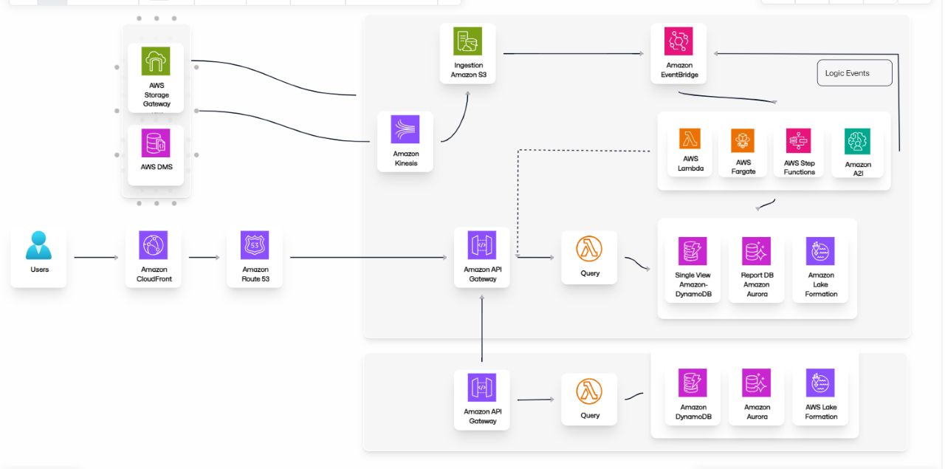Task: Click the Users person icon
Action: coord(38,245)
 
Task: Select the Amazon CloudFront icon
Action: coord(153,245)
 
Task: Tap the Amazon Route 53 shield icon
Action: coord(255,245)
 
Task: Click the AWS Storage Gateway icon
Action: coord(156,61)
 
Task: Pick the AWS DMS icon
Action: coord(156,143)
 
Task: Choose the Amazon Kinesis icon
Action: coord(405,129)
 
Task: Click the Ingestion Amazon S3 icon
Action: coord(468,42)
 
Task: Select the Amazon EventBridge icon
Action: coord(678,41)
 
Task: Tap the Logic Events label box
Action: coord(854,73)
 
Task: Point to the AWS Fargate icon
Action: coord(743,140)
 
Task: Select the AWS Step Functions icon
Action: coord(799,140)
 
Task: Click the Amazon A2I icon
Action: coord(857,142)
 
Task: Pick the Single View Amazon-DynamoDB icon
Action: coord(693,251)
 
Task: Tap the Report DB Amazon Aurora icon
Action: coord(757,251)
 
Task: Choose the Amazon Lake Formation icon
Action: coord(820,251)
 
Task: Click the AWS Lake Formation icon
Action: coord(820,383)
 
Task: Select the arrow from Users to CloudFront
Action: coord(96,258)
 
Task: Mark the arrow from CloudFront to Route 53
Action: coord(204,258)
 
